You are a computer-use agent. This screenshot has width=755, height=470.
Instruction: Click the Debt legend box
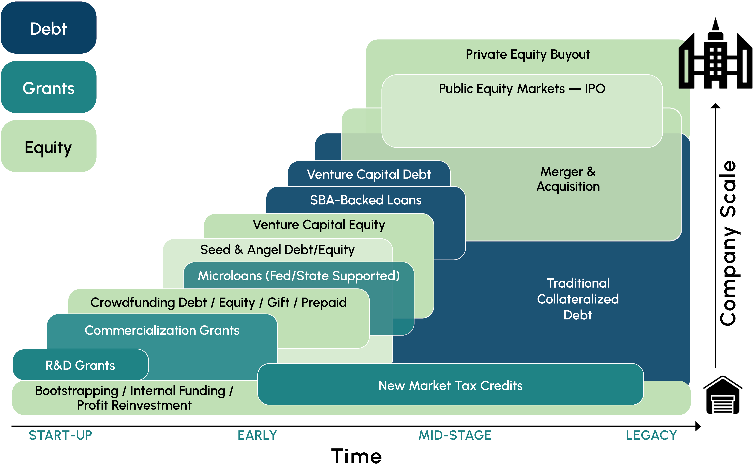[49, 28]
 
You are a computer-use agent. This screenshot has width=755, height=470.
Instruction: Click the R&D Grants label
[80, 365]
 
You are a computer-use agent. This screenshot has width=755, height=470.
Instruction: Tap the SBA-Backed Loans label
[366, 200]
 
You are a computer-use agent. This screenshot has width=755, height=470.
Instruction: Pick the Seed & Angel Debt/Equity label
[277, 250]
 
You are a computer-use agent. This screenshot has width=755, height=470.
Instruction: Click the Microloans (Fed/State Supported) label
[299, 276]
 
